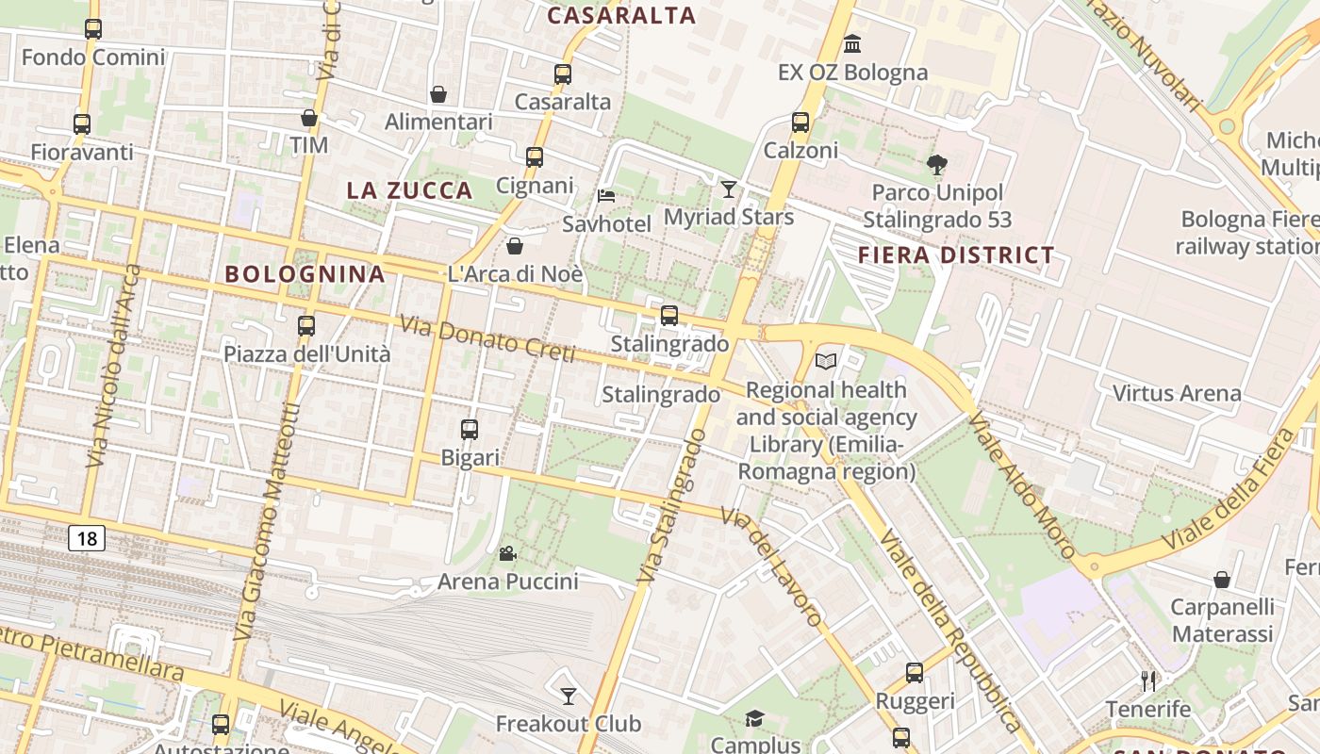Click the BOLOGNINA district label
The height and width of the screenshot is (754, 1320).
(x=305, y=274)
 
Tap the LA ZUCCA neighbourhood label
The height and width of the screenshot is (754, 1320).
(x=409, y=189)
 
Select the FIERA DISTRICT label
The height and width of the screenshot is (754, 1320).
(x=956, y=255)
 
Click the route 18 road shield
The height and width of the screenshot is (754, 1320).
(x=87, y=539)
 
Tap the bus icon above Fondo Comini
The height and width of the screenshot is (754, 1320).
(x=92, y=29)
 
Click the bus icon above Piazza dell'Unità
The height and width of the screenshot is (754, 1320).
(x=305, y=326)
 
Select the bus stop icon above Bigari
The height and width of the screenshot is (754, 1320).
(x=470, y=430)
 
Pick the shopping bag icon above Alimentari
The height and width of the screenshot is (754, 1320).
(x=438, y=94)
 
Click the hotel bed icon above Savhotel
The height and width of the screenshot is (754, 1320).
(x=606, y=196)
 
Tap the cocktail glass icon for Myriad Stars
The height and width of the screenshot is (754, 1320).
(x=728, y=189)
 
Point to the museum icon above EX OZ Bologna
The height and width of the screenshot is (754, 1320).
(x=852, y=44)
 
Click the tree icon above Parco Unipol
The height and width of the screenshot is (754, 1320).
(x=936, y=165)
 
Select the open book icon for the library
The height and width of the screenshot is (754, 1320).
(x=826, y=361)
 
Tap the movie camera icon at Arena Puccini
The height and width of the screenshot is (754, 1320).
(x=507, y=553)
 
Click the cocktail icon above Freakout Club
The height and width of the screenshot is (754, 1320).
(x=568, y=697)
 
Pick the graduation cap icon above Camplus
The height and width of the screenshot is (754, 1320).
(x=754, y=719)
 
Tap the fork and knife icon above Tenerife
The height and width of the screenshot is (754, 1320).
(x=1147, y=680)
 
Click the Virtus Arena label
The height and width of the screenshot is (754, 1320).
(x=1177, y=393)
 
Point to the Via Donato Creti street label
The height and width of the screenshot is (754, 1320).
(x=487, y=339)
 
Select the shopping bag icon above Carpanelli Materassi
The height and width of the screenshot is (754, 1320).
(x=1222, y=579)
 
